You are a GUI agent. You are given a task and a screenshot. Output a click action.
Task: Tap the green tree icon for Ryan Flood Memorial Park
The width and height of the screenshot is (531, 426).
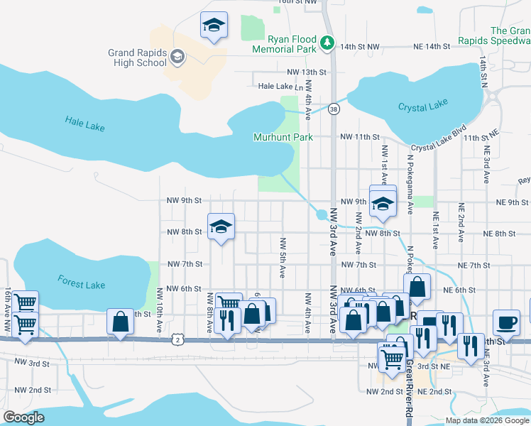point(327,43)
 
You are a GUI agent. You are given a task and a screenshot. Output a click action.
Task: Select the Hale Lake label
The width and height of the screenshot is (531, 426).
point(84,124)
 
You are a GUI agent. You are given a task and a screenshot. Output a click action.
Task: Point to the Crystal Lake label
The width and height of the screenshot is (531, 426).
point(422,106)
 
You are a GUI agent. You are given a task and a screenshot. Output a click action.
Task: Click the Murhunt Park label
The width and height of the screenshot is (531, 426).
point(283,136)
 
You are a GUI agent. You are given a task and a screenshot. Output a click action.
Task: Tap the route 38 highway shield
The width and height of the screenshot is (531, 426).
point(334,109)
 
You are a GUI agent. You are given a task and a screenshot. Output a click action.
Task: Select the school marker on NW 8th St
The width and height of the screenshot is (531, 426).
point(221,226)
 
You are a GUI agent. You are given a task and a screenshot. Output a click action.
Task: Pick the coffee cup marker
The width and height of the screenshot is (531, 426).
point(506,322)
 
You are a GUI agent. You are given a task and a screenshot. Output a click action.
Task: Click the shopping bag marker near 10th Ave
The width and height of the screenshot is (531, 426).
point(120,321)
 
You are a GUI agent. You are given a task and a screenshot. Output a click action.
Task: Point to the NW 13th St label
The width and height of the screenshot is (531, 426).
point(306,72)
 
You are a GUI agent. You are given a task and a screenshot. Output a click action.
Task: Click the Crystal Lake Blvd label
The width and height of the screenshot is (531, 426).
point(439,141)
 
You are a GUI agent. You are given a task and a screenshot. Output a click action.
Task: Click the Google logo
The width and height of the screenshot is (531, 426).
point(24,417)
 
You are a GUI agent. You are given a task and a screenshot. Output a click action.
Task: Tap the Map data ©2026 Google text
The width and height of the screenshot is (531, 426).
point(487,420)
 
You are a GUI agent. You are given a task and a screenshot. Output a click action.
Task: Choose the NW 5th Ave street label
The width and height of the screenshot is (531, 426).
point(283,257)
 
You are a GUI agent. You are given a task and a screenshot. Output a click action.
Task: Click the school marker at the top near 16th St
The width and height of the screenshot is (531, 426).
point(214,25)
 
